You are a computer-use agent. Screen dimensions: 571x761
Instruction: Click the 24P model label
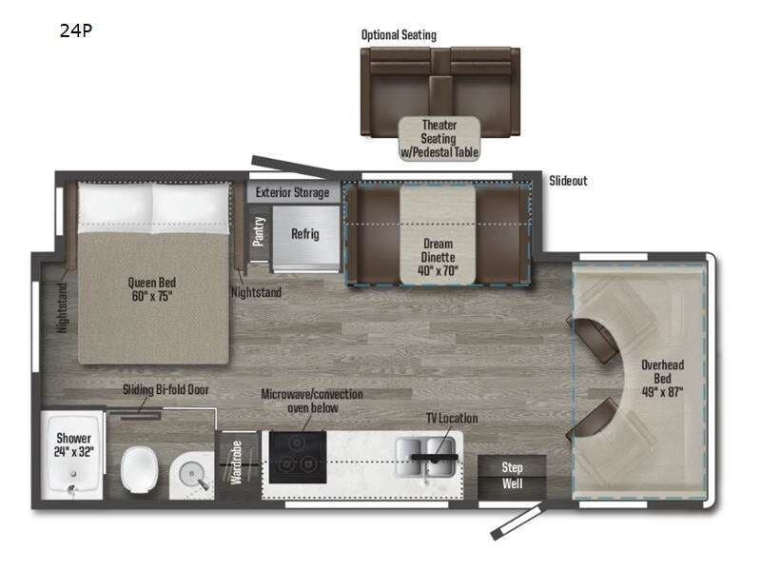pos(75,29)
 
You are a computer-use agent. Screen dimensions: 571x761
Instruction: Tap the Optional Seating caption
pos(399,35)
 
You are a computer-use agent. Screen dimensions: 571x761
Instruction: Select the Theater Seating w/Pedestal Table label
pos(439,139)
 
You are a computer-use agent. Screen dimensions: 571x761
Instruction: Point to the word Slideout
pos(568,180)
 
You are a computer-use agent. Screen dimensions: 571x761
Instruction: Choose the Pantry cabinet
pos(259,231)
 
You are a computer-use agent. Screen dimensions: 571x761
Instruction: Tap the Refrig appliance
pos(304,234)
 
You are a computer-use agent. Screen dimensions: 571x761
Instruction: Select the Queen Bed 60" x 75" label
pos(152,288)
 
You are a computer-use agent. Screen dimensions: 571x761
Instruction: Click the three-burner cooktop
pos(296,452)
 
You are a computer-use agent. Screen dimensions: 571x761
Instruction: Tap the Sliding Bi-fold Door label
pos(166,389)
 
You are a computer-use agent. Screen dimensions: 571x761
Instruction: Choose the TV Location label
pos(452,418)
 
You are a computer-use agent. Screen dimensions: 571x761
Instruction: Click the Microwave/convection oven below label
pos(312,401)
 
